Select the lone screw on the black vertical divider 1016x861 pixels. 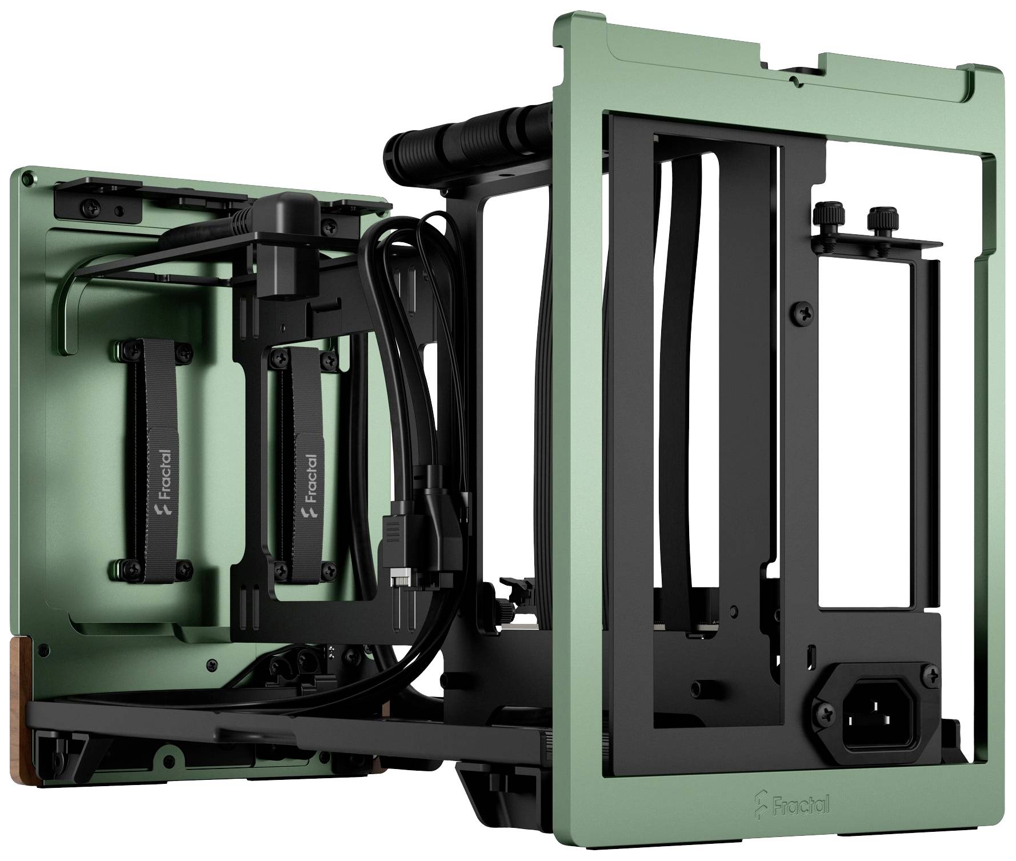pyautogui.click(x=800, y=313)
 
